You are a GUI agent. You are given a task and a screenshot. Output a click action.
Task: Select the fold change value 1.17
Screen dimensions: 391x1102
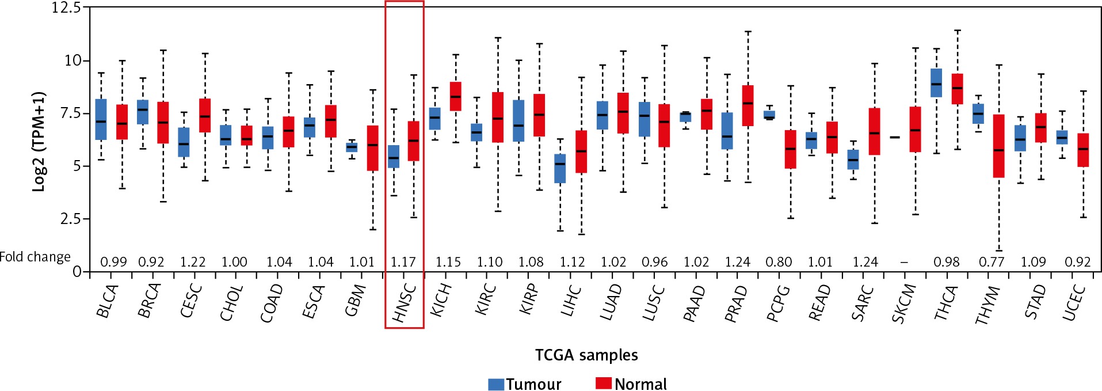pyautogui.click(x=403, y=262)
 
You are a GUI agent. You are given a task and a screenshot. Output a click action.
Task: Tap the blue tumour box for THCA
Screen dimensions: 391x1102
pyautogui.click(x=936, y=83)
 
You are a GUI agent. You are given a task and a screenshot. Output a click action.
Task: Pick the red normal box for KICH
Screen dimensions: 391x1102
pyautogui.click(x=456, y=96)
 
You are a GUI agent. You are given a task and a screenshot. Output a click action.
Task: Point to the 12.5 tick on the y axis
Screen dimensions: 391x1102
pyautogui.click(x=66, y=7)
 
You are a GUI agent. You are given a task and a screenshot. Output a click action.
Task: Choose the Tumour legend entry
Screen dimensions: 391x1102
pyautogui.click(x=524, y=384)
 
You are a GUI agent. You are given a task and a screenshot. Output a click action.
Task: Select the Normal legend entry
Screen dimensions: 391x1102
pyautogui.click(x=631, y=384)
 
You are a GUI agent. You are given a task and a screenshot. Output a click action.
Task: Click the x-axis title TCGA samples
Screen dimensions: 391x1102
pyautogui.click(x=586, y=355)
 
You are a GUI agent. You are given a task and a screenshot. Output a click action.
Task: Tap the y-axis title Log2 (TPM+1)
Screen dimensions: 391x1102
pyautogui.click(x=39, y=141)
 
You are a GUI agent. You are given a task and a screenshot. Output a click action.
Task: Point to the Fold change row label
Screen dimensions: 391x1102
pyautogui.click(x=35, y=257)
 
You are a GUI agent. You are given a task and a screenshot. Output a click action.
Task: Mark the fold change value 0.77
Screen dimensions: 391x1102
pyautogui.click(x=992, y=262)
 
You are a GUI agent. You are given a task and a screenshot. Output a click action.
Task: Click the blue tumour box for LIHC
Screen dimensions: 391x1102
pyautogui.click(x=560, y=168)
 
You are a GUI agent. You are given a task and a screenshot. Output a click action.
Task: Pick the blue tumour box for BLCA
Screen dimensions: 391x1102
pyautogui.click(x=101, y=119)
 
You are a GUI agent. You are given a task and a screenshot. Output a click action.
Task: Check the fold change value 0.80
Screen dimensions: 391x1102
pyautogui.click(x=779, y=262)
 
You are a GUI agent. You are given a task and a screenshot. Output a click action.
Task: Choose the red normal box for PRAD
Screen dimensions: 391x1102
pyautogui.click(x=748, y=105)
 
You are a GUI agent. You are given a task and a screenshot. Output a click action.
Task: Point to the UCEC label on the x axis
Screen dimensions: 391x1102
pyautogui.click(x=1074, y=303)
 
